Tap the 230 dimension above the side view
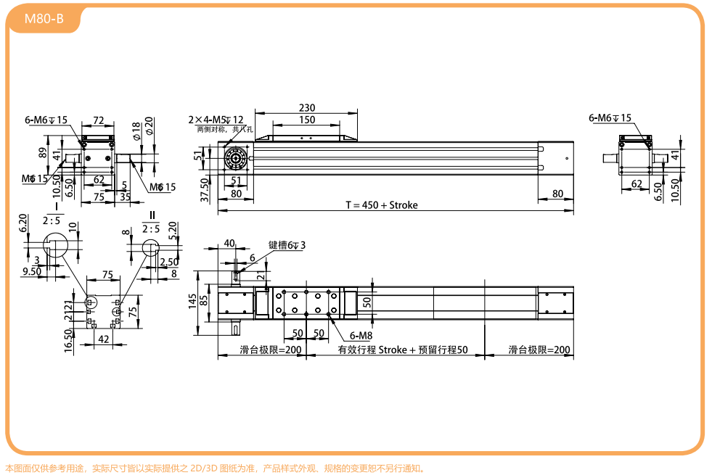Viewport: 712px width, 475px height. [307, 107]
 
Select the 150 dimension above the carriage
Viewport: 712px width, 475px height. [307, 120]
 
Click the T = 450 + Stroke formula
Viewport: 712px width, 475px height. [381, 205]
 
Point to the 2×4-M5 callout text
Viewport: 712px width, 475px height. [216, 120]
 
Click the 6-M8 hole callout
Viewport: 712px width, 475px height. [361, 336]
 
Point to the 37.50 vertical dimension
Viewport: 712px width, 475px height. [205, 189]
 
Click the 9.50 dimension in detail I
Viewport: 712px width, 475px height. [31, 271]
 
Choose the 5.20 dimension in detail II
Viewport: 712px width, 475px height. [173, 231]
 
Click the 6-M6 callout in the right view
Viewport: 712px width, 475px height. [610, 117]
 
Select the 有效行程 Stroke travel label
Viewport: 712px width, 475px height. [403, 350]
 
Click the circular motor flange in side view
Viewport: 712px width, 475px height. [236, 157]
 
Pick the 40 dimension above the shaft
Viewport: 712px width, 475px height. [229, 243]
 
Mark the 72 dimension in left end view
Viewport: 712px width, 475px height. [99, 120]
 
